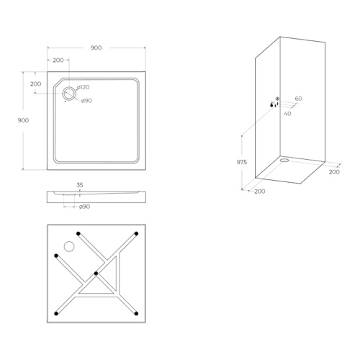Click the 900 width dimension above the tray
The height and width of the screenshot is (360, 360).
(x=96, y=48)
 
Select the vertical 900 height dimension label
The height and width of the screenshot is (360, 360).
(x=23, y=120)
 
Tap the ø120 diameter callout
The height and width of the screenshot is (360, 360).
(x=84, y=87)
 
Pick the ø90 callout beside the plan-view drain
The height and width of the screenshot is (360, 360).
(x=86, y=101)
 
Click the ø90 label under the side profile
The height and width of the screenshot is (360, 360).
(x=85, y=207)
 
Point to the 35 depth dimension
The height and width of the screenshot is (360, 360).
(x=80, y=185)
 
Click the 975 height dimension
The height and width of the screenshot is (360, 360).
(x=242, y=162)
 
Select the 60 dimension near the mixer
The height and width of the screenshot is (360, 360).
(x=299, y=99)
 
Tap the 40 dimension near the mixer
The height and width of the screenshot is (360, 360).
(x=287, y=114)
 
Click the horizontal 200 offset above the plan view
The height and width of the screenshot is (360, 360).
(x=58, y=60)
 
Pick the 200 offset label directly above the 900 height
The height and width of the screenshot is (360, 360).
(x=35, y=84)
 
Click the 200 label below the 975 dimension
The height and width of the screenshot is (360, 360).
(x=260, y=192)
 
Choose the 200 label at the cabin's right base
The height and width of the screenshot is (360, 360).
(x=334, y=172)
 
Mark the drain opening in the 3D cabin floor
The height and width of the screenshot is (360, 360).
(x=284, y=160)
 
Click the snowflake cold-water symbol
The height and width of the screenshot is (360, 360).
(x=277, y=99)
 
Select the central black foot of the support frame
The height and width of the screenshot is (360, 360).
(x=96, y=274)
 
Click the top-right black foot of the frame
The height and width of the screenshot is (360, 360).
(x=136, y=233)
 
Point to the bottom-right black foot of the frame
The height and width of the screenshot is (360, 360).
(x=136, y=313)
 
